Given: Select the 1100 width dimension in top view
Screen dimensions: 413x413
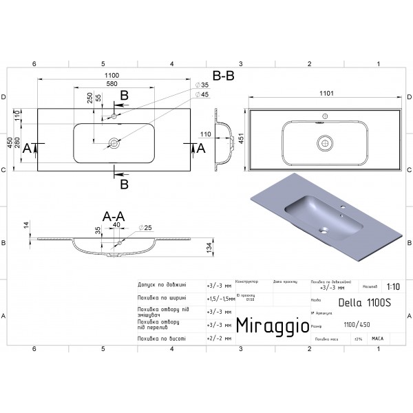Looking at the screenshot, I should pyautogui.click(x=112, y=76).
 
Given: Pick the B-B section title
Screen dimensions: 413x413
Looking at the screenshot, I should pyautogui.click(x=223, y=76).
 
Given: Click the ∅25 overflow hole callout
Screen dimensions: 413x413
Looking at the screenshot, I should pyautogui.click(x=146, y=227).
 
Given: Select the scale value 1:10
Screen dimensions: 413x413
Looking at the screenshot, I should pyautogui.click(x=392, y=288).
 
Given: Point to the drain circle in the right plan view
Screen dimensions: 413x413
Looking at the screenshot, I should pyautogui.click(x=324, y=143).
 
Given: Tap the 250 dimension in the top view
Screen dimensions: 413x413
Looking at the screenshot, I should pyautogui.click(x=89, y=99).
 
